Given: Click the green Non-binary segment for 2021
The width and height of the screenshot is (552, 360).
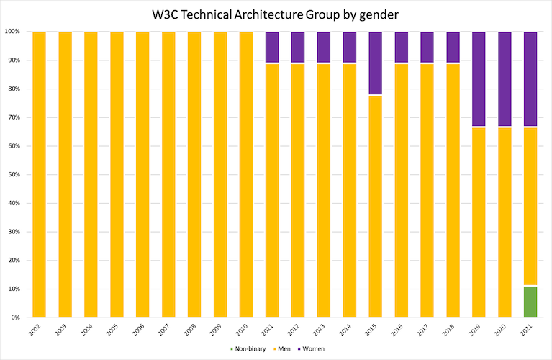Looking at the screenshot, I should [x=530, y=302].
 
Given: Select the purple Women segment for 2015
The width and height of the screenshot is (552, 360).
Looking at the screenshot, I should [x=375, y=63].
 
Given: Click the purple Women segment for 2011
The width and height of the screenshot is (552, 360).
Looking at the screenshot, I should [x=271, y=48].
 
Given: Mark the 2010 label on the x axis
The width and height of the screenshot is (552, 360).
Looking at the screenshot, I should [x=245, y=332].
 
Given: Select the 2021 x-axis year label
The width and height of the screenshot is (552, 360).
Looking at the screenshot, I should [x=530, y=332].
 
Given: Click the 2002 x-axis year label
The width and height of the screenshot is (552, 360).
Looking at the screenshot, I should [x=38, y=332].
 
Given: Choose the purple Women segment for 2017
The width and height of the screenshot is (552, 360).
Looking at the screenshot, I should [x=427, y=48].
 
